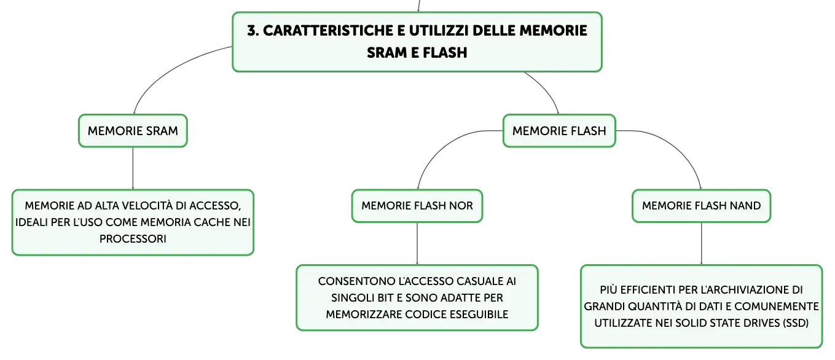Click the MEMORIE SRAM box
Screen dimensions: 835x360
point(133,131)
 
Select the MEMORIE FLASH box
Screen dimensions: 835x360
point(559,131)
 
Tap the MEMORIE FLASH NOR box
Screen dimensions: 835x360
point(417,206)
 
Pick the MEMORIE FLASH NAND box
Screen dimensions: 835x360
point(701,206)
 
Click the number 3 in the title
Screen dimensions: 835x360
point(253,31)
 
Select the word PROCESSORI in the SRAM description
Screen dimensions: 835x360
point(133,238)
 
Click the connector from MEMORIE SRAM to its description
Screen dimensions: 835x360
point(133,168)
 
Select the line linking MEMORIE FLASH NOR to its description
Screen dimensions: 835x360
point(417,244)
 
